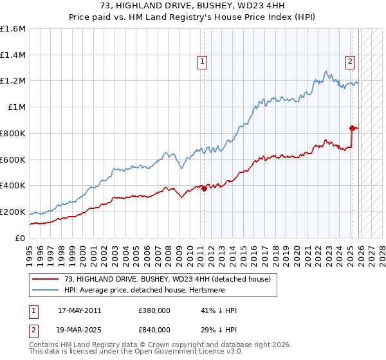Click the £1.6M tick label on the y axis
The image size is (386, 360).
(13, 29)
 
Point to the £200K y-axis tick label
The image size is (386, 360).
(13, 212)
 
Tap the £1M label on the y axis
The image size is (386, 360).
(17, 107)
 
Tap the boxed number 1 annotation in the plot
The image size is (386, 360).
(202, 62)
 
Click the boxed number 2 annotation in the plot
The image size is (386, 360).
(350, 62)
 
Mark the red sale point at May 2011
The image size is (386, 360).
(204, 188)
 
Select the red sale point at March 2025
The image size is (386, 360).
(352, 128)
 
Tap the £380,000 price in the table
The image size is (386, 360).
(154, 310)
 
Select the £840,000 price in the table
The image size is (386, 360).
(154, 330)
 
